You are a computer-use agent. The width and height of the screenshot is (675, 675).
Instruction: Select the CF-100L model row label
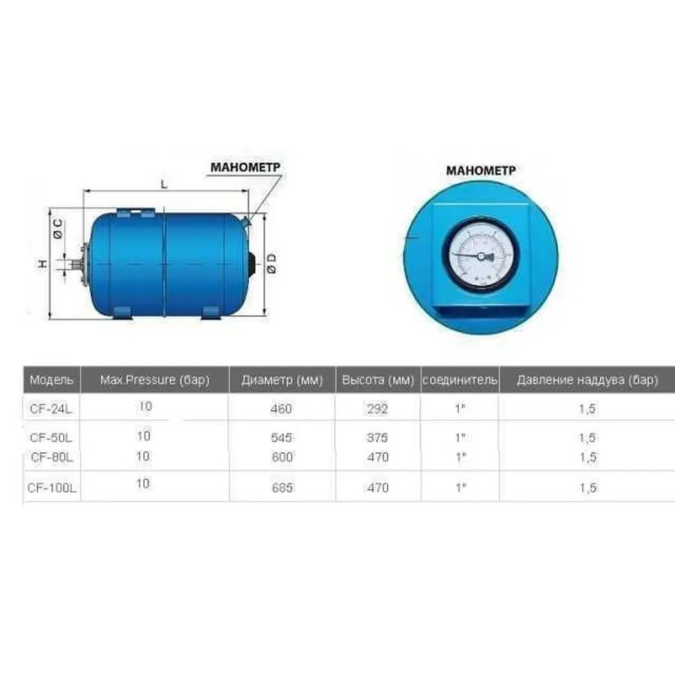[52, 487]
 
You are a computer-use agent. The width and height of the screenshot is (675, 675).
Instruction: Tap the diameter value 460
[280, 409]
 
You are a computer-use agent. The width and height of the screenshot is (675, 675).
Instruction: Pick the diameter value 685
[280, 487]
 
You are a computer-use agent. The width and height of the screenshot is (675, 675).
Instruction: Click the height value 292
[378, 409]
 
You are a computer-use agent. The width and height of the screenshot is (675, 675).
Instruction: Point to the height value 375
[378, 437]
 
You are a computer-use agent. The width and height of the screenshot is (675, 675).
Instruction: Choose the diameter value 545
[280, 437]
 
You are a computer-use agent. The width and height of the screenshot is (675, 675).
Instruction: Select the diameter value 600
[280, 457]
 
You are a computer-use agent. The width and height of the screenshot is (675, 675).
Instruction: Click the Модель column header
[51, 380]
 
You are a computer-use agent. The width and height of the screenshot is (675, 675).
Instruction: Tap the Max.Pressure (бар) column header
[154, 380]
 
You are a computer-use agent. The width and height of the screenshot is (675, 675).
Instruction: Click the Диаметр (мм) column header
[282, 380]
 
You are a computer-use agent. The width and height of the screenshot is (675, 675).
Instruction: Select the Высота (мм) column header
[378, 380]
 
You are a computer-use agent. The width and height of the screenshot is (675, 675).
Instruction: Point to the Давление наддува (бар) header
[587, 380]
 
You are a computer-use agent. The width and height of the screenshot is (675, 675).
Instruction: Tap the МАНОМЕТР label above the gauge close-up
[481, 170]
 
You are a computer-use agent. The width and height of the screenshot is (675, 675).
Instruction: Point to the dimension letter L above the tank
[163, 183]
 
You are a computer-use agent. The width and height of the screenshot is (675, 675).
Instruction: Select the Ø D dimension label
[271, 262]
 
